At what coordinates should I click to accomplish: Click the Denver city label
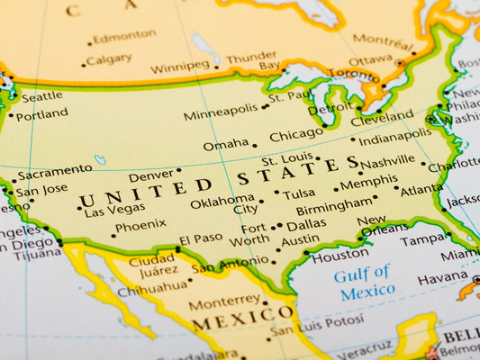coord(150,175)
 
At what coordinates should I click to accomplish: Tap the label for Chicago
coord(296,135)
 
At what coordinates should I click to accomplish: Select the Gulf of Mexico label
coord(365,281)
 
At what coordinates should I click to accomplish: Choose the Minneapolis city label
coord(221,112)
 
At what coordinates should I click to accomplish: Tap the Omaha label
coord(225,145)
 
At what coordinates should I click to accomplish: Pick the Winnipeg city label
coord(180,67)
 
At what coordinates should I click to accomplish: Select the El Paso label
coord(200,239)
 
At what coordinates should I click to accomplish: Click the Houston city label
coord(340,255)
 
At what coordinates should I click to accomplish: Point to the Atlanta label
coord(421,190)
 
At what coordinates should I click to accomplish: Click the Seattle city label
coord(41,96)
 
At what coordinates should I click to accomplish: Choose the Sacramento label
coord(55,170)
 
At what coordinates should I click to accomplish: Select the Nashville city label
coord(388,162)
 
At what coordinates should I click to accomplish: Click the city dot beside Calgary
coord(84,64)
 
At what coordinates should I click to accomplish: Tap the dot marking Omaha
coord(254,146)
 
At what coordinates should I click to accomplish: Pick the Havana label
coord(442,278)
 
